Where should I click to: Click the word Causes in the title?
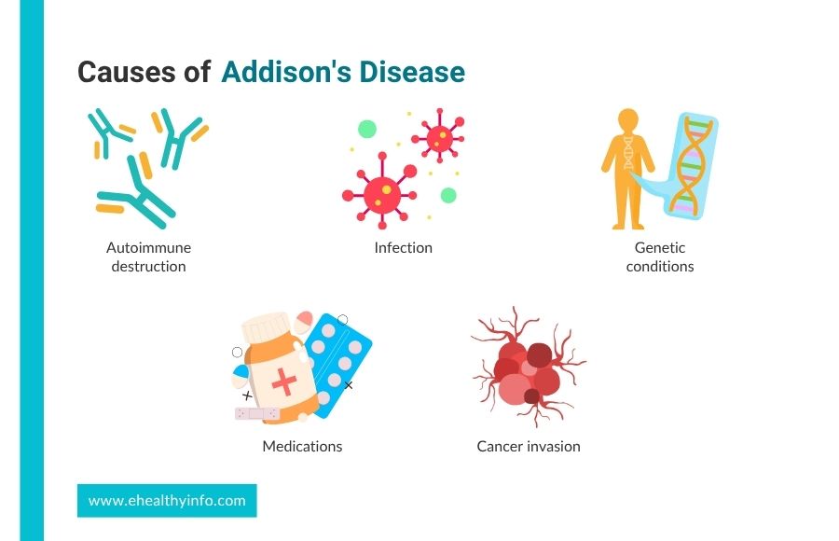(127, 73)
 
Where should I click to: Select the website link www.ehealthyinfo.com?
(167, 501)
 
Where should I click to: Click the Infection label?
(404, 247)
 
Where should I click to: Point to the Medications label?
(302, 446)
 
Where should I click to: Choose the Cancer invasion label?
(529, 446)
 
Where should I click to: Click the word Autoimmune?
(149, 247)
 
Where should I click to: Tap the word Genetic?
(660, 247)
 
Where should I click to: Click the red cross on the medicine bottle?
(284, 381)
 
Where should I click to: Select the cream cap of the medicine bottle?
(267, 326)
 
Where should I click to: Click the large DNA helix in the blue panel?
(689, 166)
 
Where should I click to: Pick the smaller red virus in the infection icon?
(439, 137)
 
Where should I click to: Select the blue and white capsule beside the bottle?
(241, 376)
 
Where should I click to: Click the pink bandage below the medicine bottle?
(257, 413)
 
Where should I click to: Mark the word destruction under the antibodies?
(149, 266)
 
